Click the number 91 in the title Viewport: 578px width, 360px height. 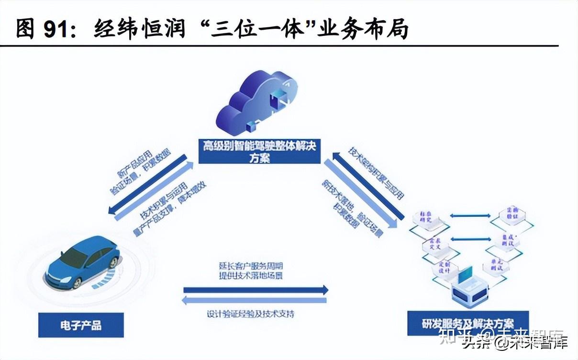tap(57, 29)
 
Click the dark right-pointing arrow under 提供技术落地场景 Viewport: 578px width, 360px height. tap(256, 290)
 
